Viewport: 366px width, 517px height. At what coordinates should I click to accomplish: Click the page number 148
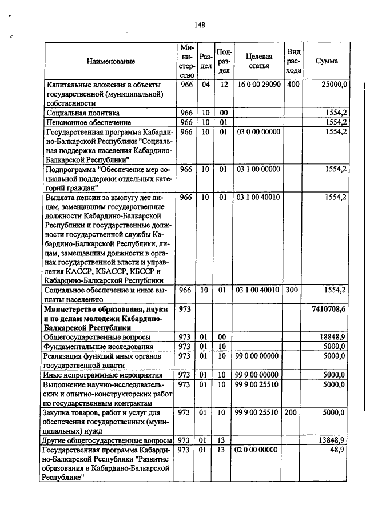[199, 25]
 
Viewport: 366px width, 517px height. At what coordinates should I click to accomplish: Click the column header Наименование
[111, 61]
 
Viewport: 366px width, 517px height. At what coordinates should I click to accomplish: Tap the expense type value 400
[293, 85]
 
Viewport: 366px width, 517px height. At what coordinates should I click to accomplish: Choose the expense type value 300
[293, 290]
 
